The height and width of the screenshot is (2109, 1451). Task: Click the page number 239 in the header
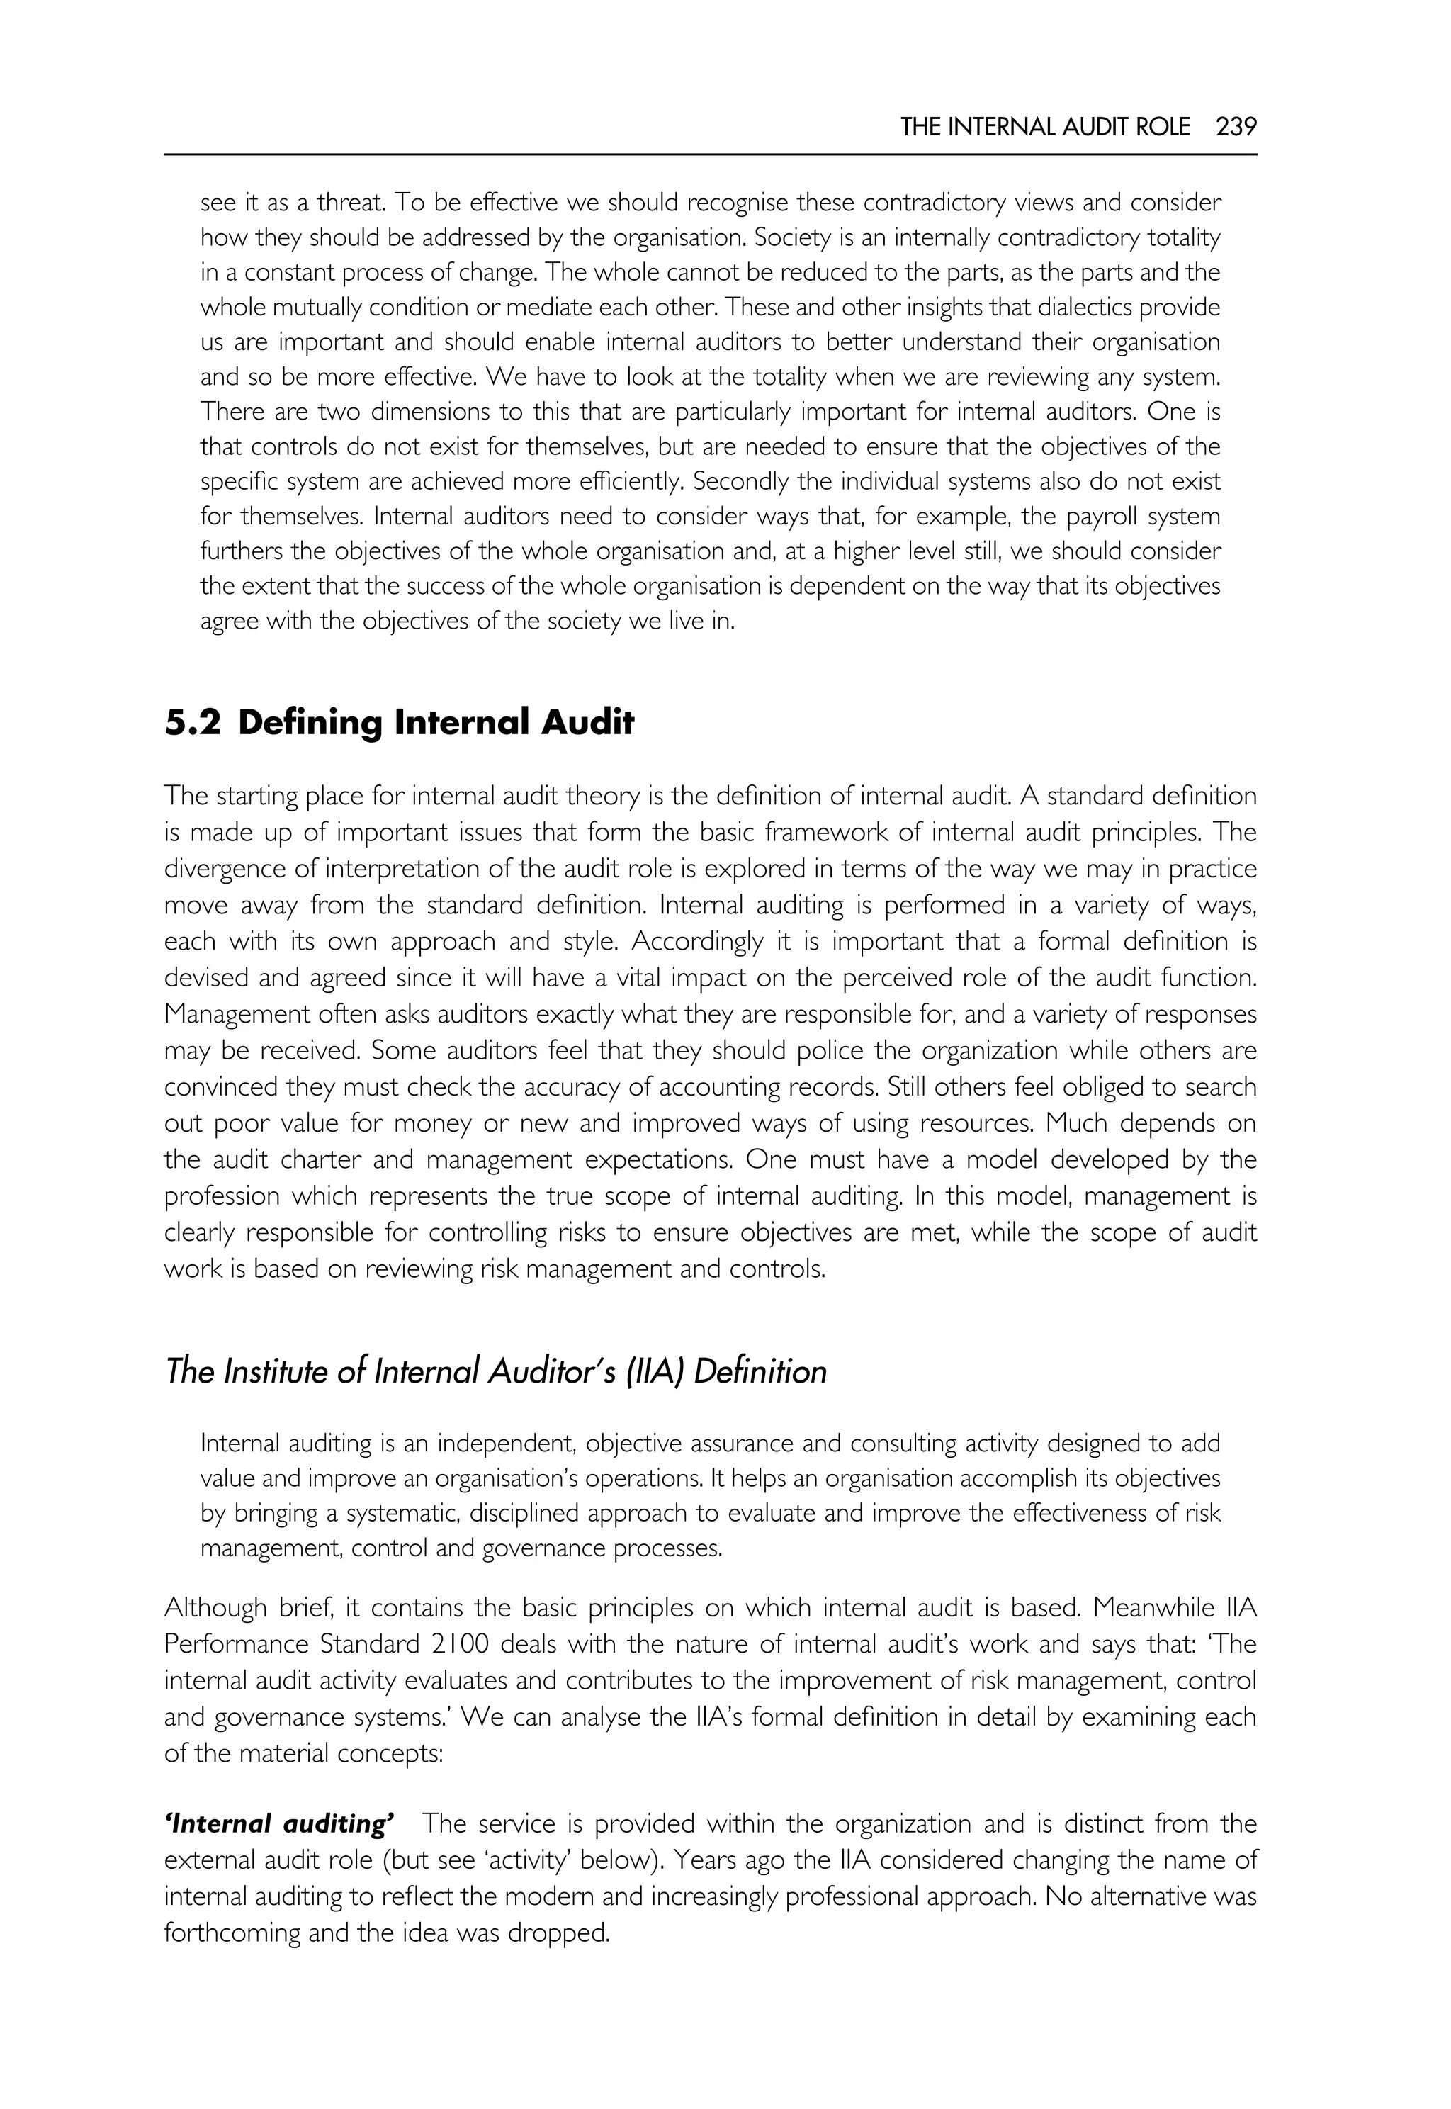pyautogui.click(x=1236, y=128)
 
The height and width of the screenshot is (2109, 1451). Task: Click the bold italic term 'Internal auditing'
pyautogui.click(x=279, y=1843)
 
